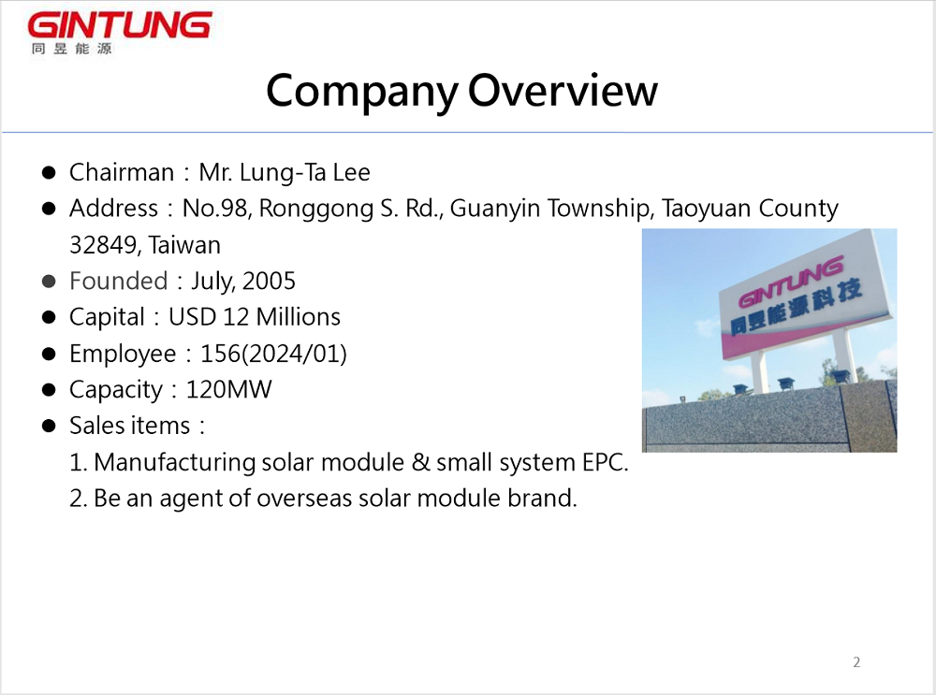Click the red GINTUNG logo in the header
pos(120,26)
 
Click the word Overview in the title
pos(563,91)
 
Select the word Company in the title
pos(361,93)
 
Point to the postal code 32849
pos(103,245)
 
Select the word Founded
pos(118,281)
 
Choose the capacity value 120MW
pos(228,389)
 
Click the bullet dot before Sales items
pos(49,426)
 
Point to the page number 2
pos(856,662)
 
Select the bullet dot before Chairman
pos(49,173)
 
